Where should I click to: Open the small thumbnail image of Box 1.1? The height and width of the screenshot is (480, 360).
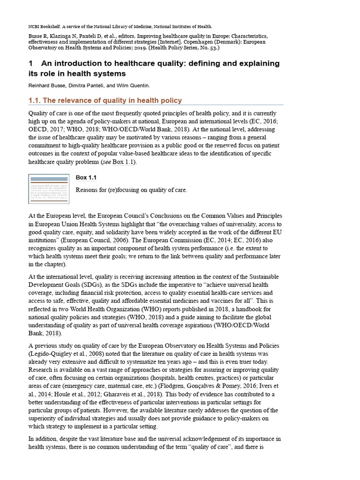[x=49, y=189]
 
